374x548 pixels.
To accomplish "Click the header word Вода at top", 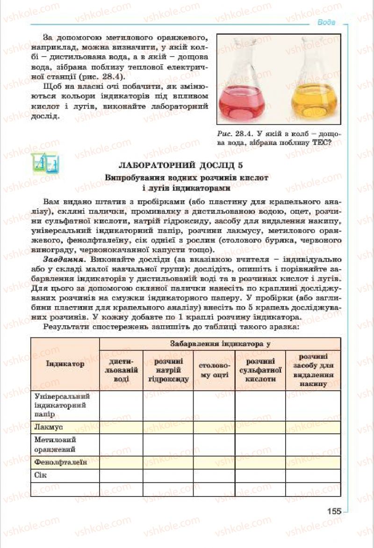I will point(326,22).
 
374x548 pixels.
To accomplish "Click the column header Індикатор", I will point(65,363).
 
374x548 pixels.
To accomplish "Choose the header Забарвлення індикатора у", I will point(219,343).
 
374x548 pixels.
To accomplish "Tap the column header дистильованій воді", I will point(121,370).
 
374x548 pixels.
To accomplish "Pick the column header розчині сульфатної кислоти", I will point(260,370).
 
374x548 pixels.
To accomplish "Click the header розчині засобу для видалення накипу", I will point(313,370).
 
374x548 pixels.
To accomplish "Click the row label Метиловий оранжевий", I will point(55,445).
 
